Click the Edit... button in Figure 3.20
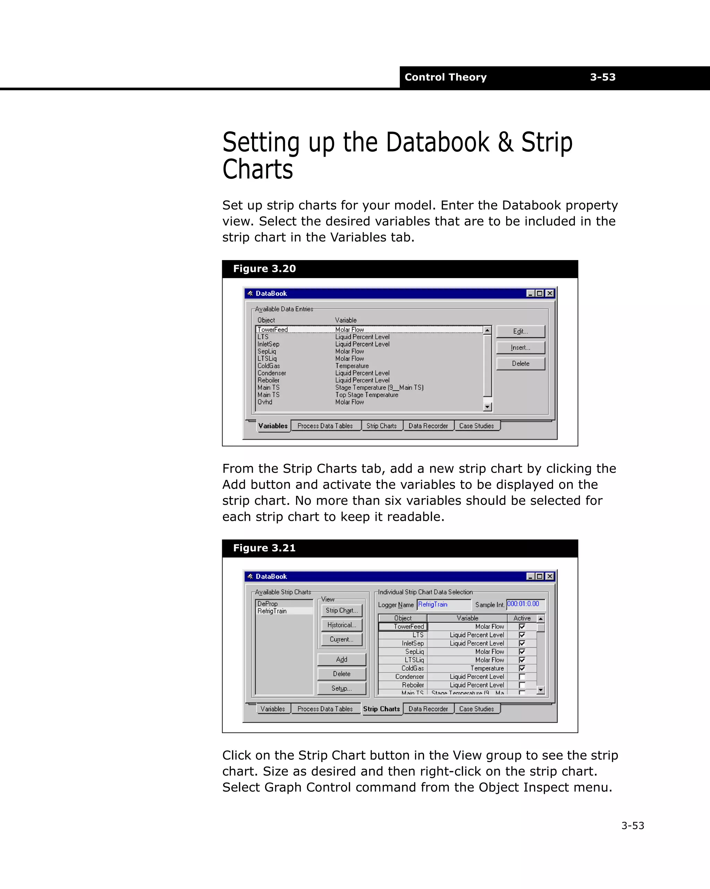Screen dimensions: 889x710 (520, 331)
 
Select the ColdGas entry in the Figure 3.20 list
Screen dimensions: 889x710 (269, 366)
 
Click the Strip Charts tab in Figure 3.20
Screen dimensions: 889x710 (381, 426)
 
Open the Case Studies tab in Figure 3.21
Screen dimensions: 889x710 (476, 709)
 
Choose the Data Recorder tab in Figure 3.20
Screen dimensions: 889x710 (428, 426)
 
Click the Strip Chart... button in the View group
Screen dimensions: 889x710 (341, 611)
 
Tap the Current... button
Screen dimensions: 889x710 (341, 640)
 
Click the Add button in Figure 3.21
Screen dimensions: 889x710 (341, 660)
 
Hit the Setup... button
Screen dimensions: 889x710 (341, 688)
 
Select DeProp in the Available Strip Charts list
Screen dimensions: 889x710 (268, 604)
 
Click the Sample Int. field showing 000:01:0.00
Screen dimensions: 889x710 (525, 604)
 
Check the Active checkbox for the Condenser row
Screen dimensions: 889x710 (522, 677)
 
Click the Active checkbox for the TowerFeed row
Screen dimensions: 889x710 (522, 627)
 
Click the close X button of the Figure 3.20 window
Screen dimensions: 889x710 (549, 293)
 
